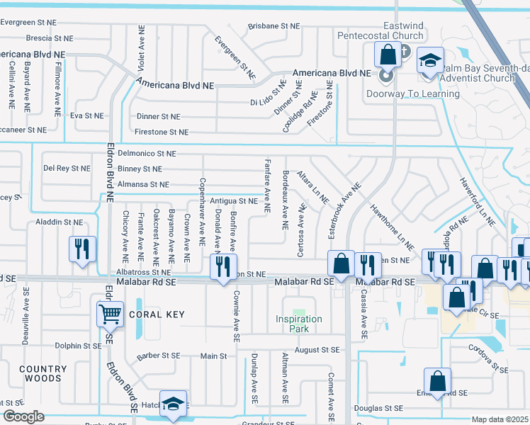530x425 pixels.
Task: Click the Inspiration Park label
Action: point(299,324)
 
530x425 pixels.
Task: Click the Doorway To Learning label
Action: point(413,93)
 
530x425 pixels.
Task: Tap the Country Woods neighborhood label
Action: point(43,374)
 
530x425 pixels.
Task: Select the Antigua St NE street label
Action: point(238,202)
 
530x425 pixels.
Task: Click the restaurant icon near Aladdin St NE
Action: point(81,249)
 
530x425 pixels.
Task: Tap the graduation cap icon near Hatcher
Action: point(173,404)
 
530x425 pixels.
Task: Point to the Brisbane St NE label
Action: point(275,26)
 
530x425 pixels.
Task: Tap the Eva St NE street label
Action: point(87,115)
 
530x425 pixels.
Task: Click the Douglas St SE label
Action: point(378,408)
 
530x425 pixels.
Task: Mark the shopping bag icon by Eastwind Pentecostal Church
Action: point(388,54)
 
